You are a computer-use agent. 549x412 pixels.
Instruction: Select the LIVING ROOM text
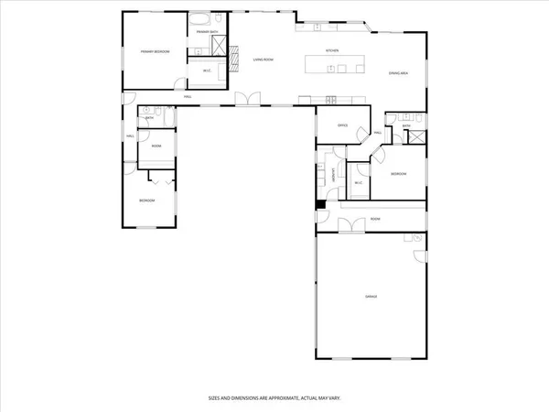[x=264, y=60]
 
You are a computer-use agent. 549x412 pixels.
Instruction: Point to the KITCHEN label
[x=332, y=51]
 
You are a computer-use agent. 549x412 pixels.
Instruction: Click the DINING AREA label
[x=398, y=72]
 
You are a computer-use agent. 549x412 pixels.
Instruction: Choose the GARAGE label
[x=371, y=297]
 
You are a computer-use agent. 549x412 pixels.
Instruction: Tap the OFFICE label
[x=342, y=125]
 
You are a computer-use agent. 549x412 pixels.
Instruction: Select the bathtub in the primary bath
[x=200, y=19]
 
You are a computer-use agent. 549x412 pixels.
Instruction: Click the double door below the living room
[x=245, y=100]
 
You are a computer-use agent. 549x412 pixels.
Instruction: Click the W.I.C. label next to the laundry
[x=359, y=183]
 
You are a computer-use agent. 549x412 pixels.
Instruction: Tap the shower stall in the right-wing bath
[x=417, y=136]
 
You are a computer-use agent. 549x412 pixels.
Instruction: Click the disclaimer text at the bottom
[x=274, y=399]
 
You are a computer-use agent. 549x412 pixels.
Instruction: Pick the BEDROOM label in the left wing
[x=147, y=201]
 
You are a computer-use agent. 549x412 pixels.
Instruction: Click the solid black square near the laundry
[x=319, y=204]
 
